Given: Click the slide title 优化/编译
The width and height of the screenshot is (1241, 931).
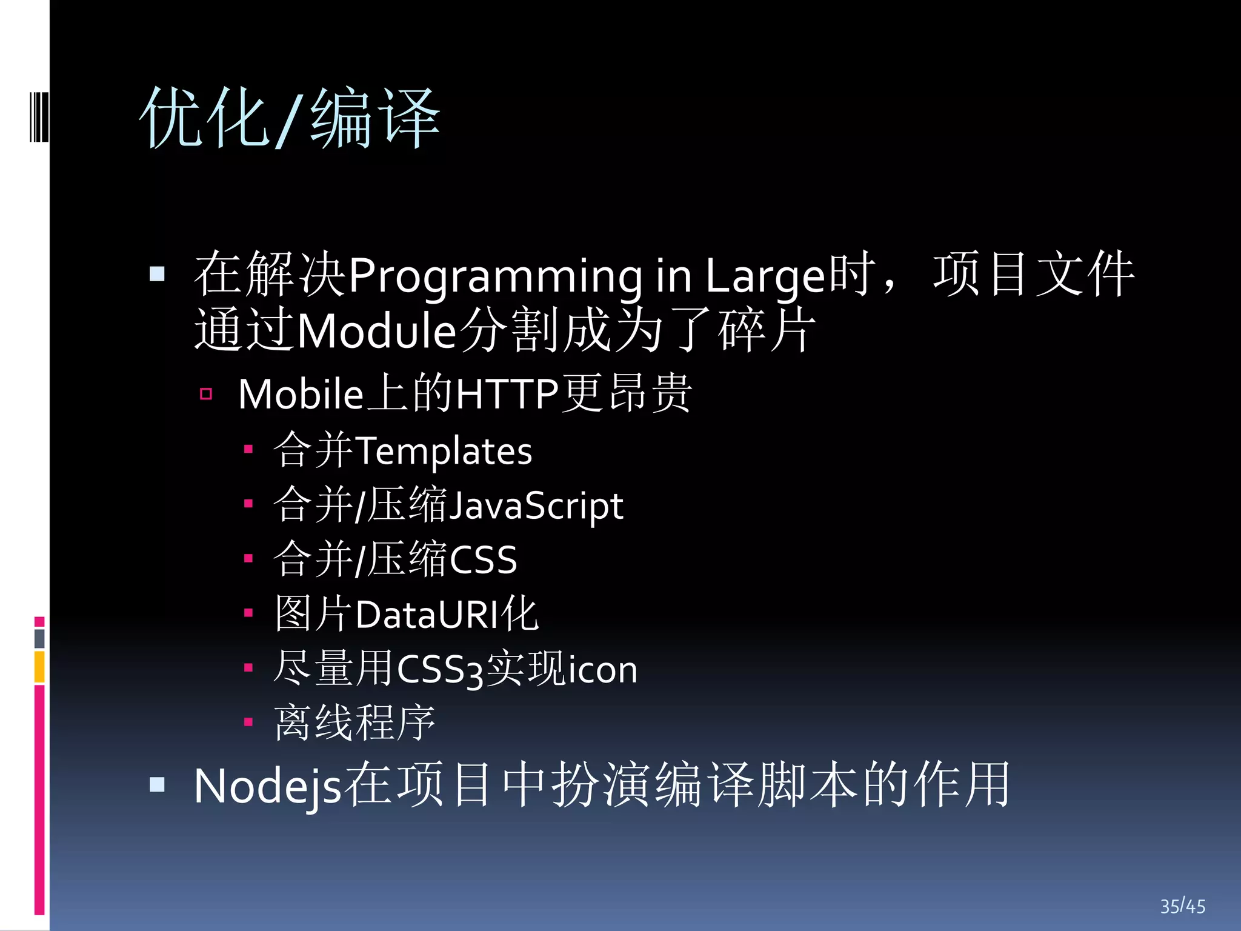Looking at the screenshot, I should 290,118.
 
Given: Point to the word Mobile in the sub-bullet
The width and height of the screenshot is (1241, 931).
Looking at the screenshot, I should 301,395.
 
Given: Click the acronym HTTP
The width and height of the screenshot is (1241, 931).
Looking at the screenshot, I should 507,395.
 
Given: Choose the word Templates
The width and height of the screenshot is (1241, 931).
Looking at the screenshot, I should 444,452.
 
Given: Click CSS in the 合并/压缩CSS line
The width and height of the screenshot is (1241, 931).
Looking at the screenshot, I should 483,560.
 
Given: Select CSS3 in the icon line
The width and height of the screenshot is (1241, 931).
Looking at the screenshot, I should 441,670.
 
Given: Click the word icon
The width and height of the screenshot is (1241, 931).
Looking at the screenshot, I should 599,670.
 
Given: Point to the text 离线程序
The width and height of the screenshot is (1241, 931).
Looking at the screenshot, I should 354,723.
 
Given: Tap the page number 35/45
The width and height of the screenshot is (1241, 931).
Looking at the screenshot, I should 1182,906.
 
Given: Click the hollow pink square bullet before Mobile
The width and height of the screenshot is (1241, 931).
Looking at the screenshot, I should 206,395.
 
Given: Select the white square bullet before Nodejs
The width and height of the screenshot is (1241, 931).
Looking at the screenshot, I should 157,785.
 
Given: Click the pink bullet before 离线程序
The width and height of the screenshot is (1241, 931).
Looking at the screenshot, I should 248,722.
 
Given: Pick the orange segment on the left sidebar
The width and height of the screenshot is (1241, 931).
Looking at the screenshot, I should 39,667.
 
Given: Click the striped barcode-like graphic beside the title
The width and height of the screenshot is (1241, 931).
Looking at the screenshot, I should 39,116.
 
